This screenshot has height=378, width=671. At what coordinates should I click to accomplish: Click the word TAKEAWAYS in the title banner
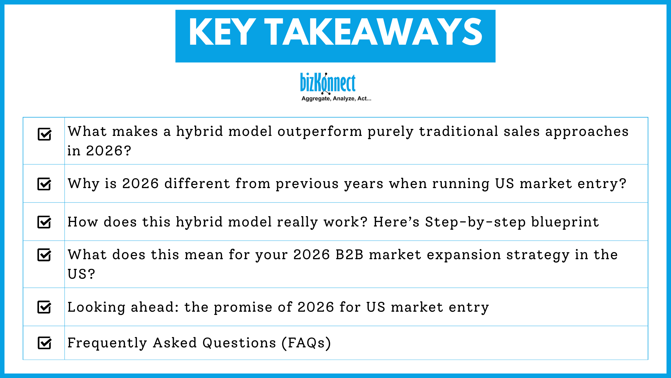pos(373,32)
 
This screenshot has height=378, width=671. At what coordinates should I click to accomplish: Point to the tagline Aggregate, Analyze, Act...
pos(336,99)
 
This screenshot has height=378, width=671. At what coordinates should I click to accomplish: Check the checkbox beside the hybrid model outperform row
pos(44,134)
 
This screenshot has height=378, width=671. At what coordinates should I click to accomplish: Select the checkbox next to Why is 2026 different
pos(44,184)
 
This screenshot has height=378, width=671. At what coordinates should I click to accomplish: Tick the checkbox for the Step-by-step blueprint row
pos(44,222)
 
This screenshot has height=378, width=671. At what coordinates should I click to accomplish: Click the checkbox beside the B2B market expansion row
pos(44,255)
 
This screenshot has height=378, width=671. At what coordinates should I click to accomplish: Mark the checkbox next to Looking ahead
pos(44,307)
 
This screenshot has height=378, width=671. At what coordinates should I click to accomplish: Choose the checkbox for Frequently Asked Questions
pos(44,343)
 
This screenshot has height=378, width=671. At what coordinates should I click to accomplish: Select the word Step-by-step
pos(475,222)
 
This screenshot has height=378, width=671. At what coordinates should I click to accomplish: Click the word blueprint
pos(565,222)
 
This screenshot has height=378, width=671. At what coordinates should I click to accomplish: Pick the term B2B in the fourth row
pos(349,255)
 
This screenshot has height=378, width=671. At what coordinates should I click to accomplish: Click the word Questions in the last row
pos(239,343)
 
